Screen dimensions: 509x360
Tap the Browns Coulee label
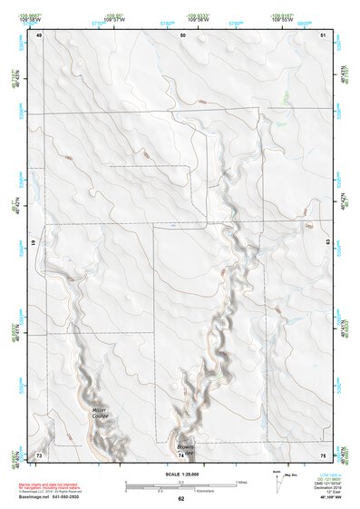186,449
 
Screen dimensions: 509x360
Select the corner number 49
40,34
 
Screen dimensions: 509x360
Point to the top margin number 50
183,34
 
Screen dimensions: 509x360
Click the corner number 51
325,34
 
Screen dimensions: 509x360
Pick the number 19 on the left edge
34,244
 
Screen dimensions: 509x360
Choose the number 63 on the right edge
328,244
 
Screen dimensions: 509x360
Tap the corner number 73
39,454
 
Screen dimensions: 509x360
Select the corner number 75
324,454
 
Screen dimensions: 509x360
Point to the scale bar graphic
181,487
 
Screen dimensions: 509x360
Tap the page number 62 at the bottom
181,499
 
